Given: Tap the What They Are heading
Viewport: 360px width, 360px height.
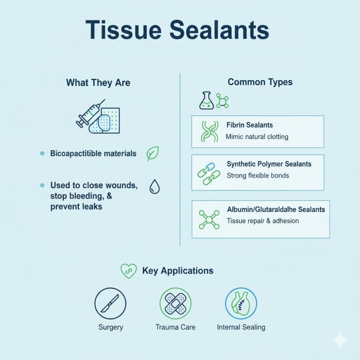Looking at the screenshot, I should point(98,83).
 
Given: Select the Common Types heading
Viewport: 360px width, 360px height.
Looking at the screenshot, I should point(260,82).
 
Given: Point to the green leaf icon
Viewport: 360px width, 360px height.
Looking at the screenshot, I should point(153,154).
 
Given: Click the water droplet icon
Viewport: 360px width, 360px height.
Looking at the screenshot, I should point(154,186).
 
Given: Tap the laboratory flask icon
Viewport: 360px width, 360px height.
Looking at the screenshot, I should point(206,101).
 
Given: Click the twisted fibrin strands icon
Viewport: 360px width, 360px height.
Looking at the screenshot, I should point(209,131).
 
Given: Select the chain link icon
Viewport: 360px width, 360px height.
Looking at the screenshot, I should point(209,173).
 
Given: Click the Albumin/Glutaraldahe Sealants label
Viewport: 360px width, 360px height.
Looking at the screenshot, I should point(275,210).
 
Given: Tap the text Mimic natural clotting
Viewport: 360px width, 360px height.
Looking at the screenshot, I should point(257,136).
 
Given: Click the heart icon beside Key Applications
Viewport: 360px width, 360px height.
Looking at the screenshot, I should point(128,270).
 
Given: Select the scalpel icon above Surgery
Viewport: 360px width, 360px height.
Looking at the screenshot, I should point(110,303).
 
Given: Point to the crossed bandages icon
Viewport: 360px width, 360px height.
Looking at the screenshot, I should point(175,303).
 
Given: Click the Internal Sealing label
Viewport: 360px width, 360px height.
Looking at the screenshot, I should point(241,327).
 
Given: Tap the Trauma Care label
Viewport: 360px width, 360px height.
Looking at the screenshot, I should point(175,327).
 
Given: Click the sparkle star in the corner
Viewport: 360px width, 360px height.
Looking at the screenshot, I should point(340,341).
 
